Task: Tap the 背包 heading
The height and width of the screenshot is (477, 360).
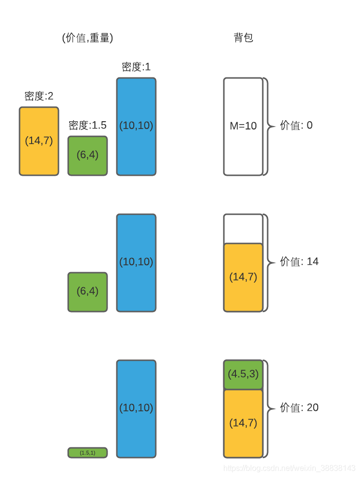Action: [243, 38]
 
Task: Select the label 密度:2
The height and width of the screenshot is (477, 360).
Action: [39, 96]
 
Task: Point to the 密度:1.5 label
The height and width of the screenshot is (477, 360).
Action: [88, 126]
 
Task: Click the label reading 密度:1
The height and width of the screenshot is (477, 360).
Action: [136, 67]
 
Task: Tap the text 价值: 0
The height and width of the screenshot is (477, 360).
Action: [296, 126]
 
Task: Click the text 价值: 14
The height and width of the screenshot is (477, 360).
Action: [299, 262]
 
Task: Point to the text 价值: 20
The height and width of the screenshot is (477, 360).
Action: [299, 408]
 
